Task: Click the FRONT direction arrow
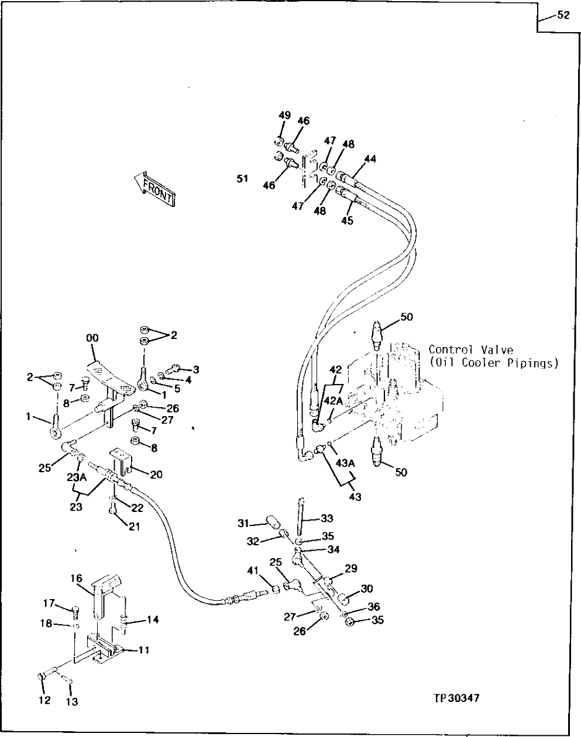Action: pos(154,188)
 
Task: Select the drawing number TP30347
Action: pos(456,698)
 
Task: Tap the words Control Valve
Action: pos(470,350)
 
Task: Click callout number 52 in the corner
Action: pos(562,16)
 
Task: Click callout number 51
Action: pos(242,179)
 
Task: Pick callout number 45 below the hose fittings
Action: pos(347,221)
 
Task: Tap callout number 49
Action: pos(284,116)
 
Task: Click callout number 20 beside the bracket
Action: pos(156,475)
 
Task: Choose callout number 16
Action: pos(77,578)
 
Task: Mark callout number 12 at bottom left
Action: pos(44,700)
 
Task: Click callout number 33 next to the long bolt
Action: pos(326,518)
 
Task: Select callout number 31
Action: pos(243,523)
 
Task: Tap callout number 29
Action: pos(350,568)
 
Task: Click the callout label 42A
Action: pos(334,401)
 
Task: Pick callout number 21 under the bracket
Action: pos(135,526)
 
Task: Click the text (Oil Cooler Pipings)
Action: pos(493,363)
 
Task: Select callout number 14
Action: pos(152,620)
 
